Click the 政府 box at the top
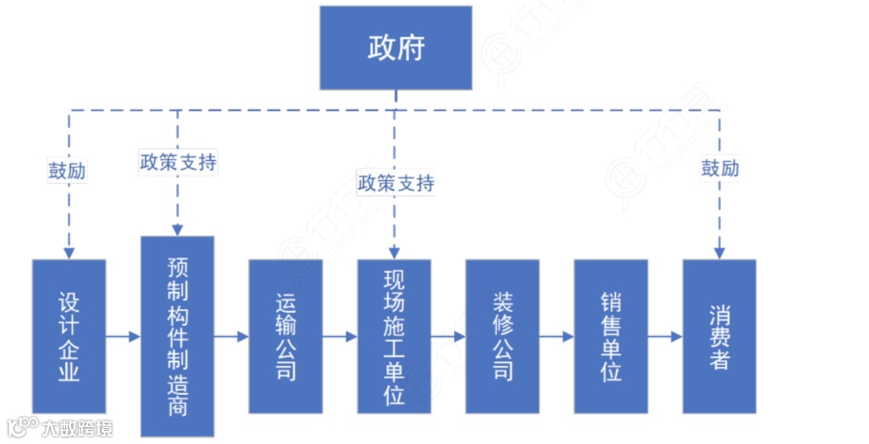coord(396,48)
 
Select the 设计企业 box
coord(69,335)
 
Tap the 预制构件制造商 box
coord(178,335)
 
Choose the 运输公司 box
coord(286,335)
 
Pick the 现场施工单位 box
coord(394,335)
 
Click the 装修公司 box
coord(502,335)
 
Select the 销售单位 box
coord(611,335)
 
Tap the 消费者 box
coord(719,335)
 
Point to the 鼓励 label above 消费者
coord(720,168)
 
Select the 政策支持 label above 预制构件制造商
coord(178,162)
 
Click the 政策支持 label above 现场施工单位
coord(396,183)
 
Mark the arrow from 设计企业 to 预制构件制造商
coord(123,336)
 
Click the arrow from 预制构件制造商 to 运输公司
coord(232,336)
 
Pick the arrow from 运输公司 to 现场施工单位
coord(340,336)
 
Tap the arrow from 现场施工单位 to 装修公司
coord(448,336)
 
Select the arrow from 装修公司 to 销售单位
coord(557,336)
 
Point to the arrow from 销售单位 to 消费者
coord(665,336)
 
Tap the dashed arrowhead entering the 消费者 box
coord(720,251)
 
